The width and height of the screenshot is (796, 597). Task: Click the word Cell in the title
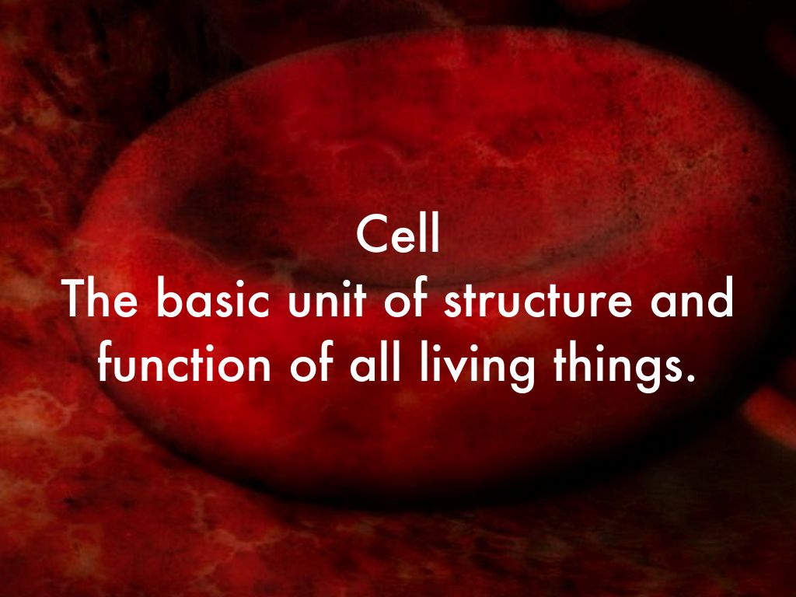click(399, 235)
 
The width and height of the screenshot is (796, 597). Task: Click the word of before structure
click(405, 301)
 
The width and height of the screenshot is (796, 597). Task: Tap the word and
click(690, 301)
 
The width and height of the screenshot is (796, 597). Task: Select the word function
click(184, 365)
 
